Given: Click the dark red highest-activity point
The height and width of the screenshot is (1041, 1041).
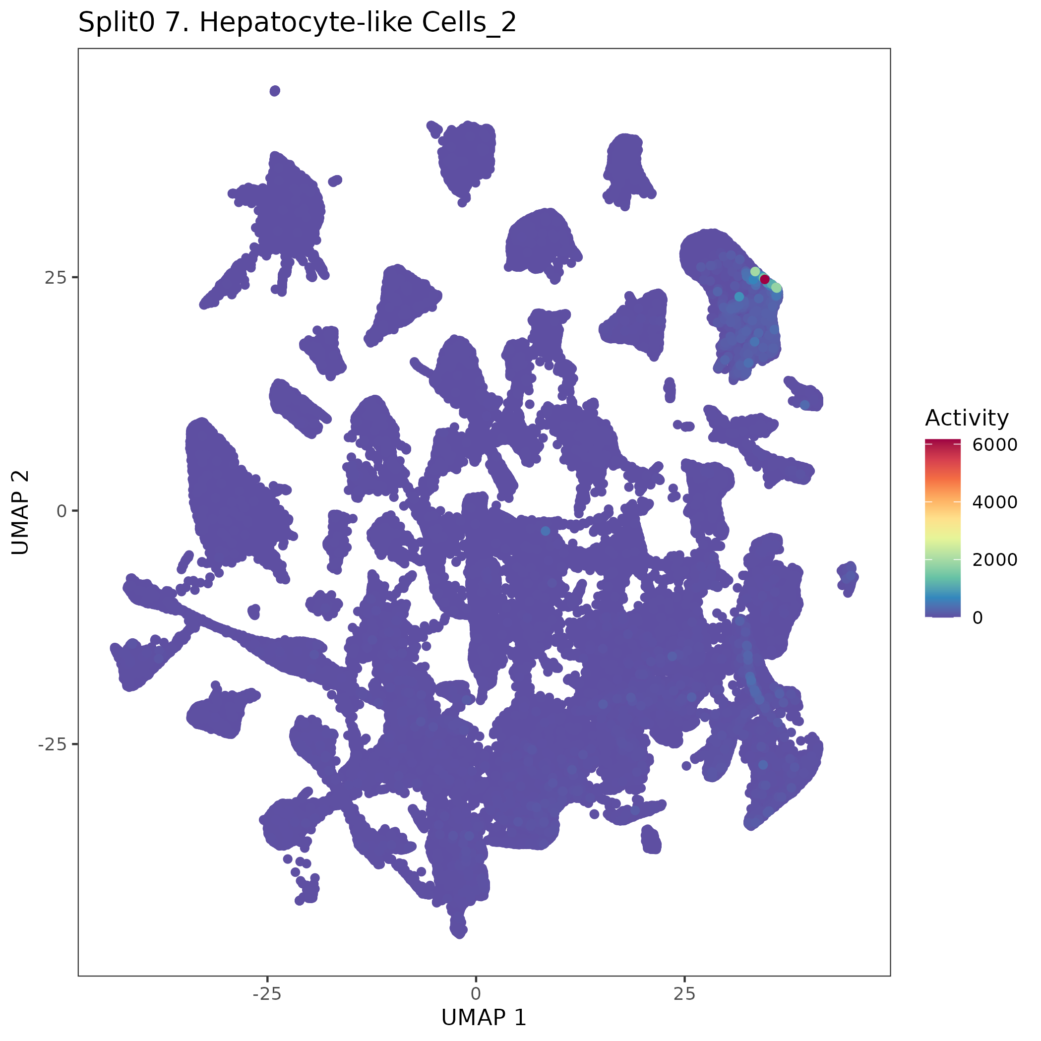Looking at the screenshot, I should coord(765,279).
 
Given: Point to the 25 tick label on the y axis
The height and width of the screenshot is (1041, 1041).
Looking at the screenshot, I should coord(55,278).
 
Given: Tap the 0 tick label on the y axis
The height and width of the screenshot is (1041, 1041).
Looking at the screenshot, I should coord(61,511).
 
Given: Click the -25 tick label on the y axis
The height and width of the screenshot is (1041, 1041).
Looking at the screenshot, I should coord(52,744).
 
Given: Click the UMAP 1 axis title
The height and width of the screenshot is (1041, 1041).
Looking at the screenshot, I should coord(484,1018).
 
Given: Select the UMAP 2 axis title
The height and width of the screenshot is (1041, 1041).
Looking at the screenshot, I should coord(20,511).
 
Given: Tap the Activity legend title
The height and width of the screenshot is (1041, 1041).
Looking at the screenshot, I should coord(967,418).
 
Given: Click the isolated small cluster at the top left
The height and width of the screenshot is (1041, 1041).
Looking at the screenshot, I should coord(275,91).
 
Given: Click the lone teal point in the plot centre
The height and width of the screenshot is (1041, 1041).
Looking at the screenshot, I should coord(545,531).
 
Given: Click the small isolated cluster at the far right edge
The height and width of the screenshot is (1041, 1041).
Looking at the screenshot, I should coord(848,578).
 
